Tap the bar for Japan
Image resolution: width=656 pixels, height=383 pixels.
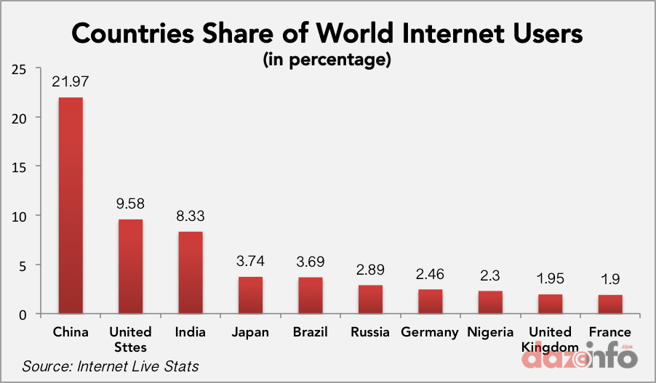tap(250, 295)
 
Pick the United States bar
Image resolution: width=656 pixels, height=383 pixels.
tap(131, 266)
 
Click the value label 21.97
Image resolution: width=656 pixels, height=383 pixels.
tap(71, 83)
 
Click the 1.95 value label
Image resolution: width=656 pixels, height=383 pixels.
tap(550, 280)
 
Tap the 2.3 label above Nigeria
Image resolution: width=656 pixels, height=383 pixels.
tap(490, 276)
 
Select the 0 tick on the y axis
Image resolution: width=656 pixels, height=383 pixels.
tap(23, 314)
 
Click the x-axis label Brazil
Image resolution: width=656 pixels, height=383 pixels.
tap(310, 332)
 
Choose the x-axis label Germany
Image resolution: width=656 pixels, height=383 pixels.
tap(430, 332)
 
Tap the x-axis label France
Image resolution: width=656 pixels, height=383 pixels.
tap(609, 332)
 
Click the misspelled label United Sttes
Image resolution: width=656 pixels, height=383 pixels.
tap(130, 339)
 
